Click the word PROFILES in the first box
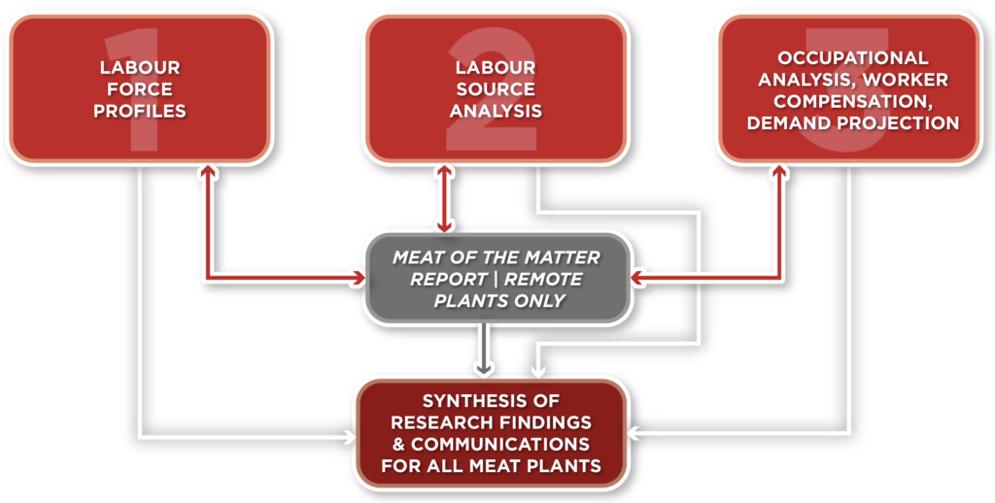(x=139, y=111)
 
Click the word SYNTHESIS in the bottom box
(x=478, y=401)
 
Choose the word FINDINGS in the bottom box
(x=541, y=422)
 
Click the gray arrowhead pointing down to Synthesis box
(x=483, y=368)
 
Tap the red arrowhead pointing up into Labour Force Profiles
(x=207, y=170)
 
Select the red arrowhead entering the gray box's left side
(x=356, y=280)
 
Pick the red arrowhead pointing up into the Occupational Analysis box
(x=778, y=170)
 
